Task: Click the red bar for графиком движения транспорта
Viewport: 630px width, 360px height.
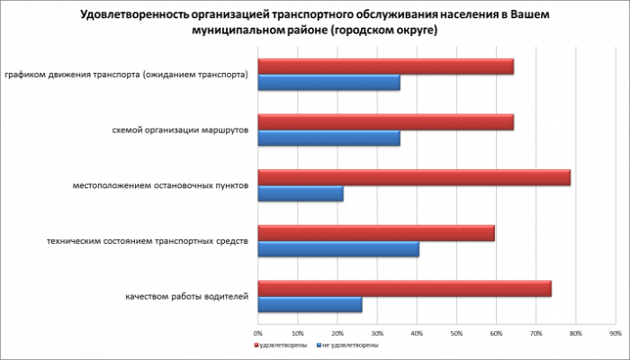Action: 385,67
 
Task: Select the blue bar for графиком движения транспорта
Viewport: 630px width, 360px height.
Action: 328,83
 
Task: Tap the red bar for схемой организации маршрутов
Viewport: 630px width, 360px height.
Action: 385,122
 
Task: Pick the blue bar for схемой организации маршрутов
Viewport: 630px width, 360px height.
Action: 328,139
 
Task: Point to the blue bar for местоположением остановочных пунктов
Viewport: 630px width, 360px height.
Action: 301,194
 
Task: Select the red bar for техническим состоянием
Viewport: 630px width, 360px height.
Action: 376,233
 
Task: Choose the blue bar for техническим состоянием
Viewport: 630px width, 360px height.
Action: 338,249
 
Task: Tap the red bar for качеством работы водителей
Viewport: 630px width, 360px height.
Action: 405,289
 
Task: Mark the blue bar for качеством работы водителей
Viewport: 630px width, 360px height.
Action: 310,305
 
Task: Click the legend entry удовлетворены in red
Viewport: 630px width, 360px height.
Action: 283,345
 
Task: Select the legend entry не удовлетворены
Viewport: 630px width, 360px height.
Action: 349,345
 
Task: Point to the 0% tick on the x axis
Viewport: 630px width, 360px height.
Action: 259,332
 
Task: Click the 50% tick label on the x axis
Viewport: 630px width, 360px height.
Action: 457,332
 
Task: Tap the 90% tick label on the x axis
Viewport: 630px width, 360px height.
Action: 616,332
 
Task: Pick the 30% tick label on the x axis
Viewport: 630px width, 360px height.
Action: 378,332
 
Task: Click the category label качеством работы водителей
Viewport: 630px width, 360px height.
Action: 187,297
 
